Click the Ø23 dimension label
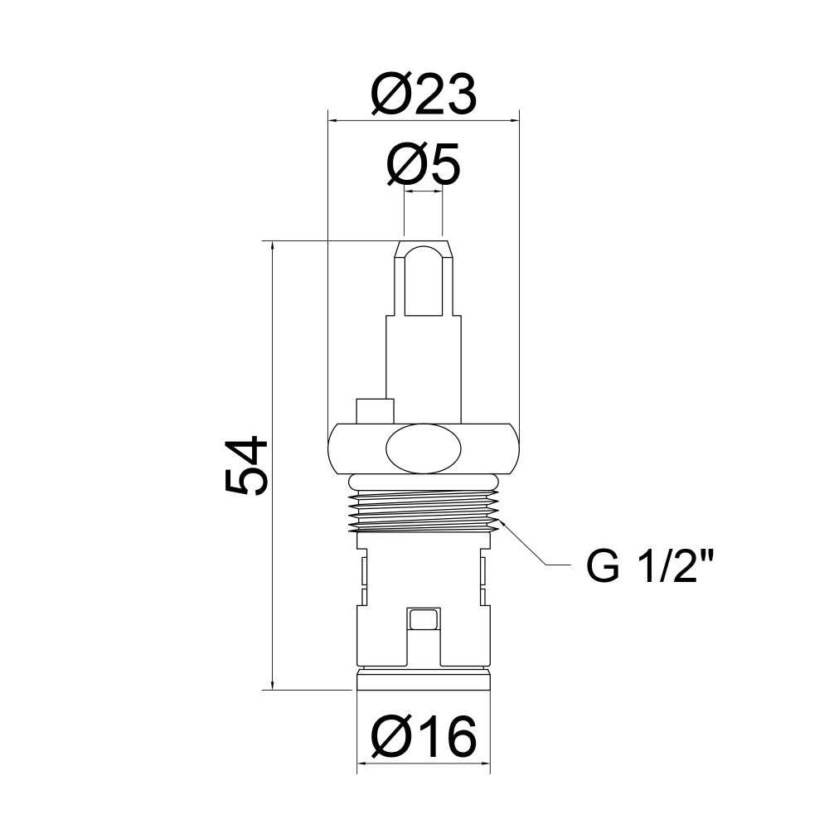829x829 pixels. (424, 95)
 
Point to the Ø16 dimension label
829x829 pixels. (424, 736)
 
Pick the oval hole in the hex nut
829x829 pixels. (424, 448)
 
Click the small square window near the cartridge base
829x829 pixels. (424, 619)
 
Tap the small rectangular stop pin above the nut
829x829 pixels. (376, 411)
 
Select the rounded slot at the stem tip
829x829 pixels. (424, 281)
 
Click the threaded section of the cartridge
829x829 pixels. (424, 511)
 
